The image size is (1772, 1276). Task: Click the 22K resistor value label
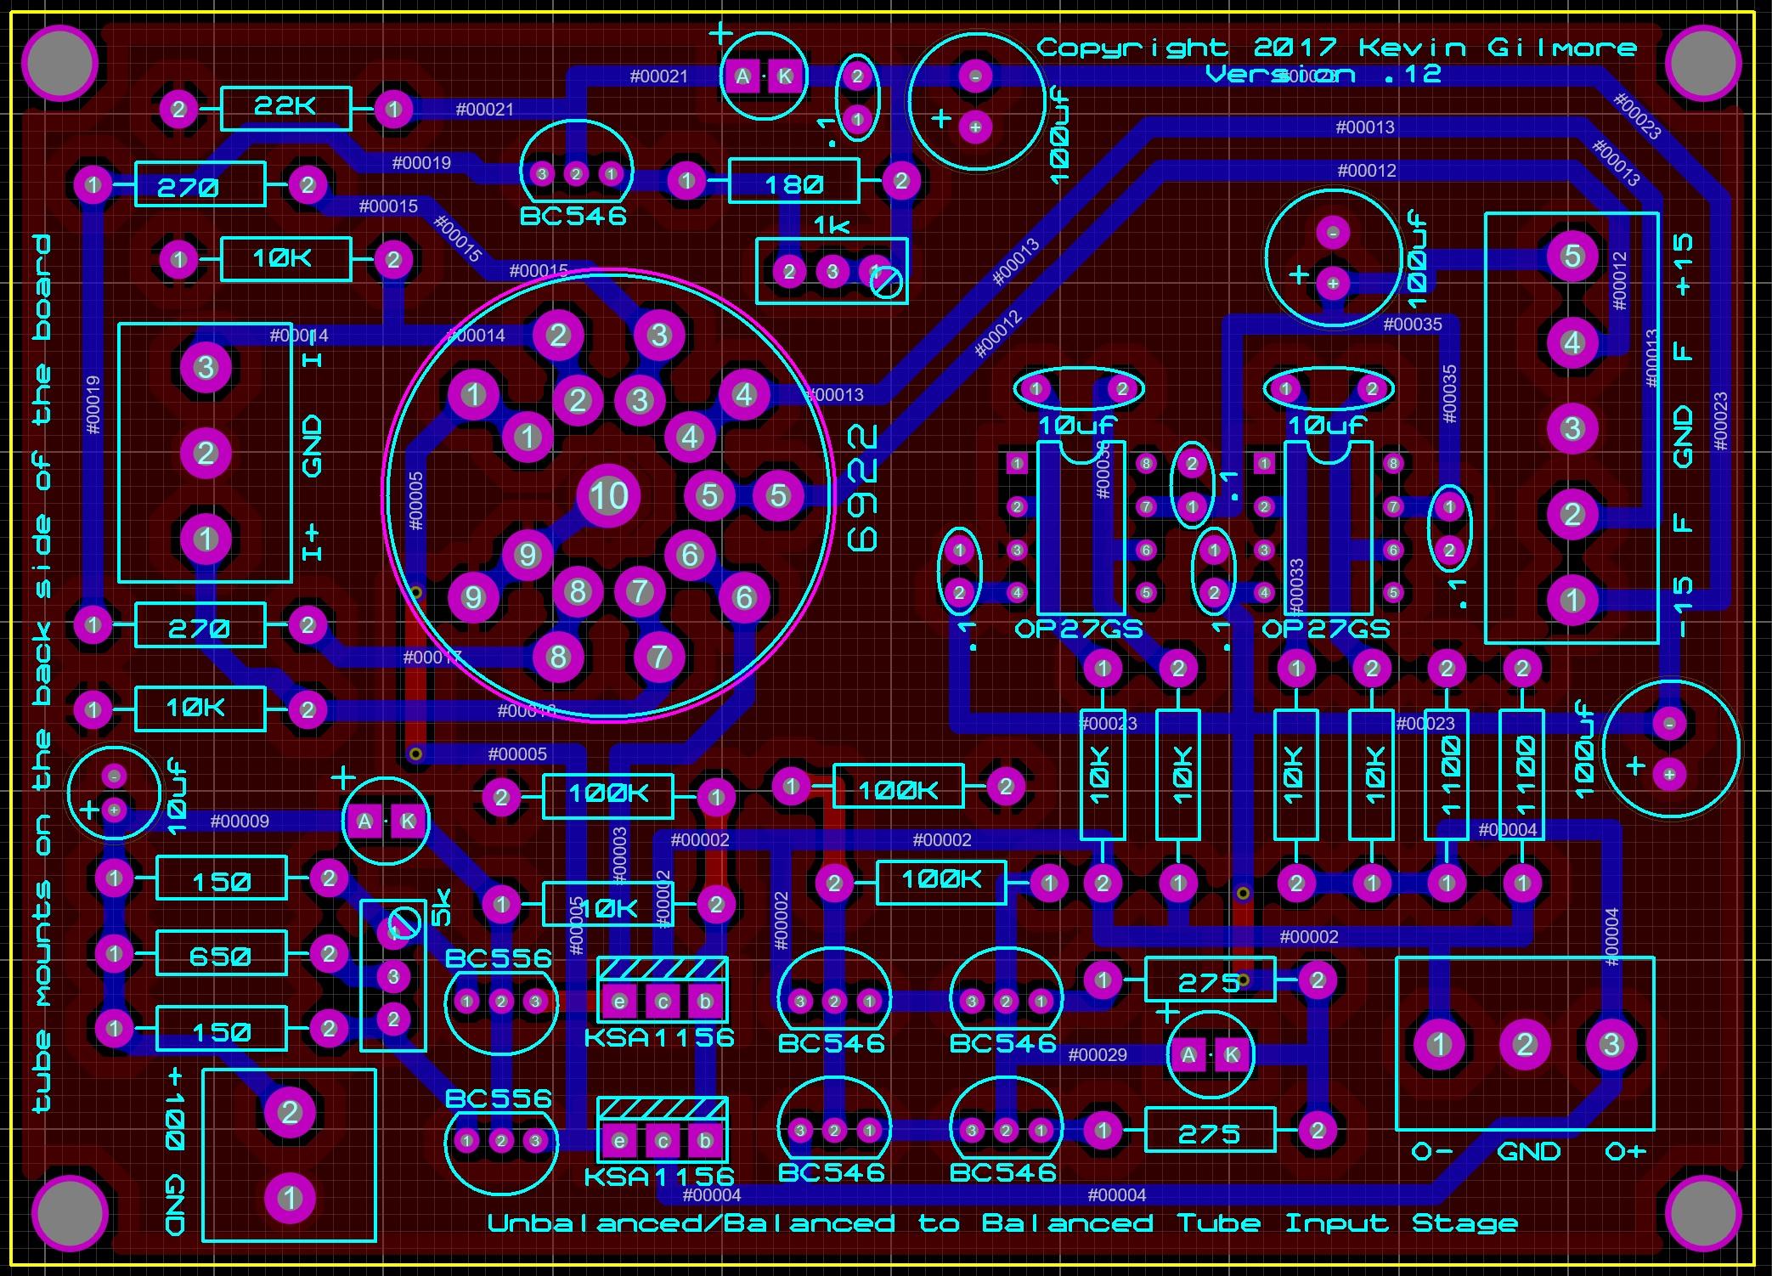click(285, 107)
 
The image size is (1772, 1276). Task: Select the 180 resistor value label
click(793, 184)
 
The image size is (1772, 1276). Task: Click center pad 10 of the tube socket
click(608, 495)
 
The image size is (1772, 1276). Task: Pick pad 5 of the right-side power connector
click(1572, 256)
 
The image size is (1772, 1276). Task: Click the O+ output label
click(1625, 1153)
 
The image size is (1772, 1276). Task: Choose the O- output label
click(1431, 1153)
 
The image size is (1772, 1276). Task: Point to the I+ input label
click(312, 542)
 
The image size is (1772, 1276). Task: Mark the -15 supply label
click(1683, 607)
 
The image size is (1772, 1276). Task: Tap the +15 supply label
click(1683, 265)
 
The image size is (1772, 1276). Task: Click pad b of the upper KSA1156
click(704, 1002)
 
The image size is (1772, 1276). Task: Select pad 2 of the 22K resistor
click(179, 109)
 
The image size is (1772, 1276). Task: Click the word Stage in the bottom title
click(1464, 1224)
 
